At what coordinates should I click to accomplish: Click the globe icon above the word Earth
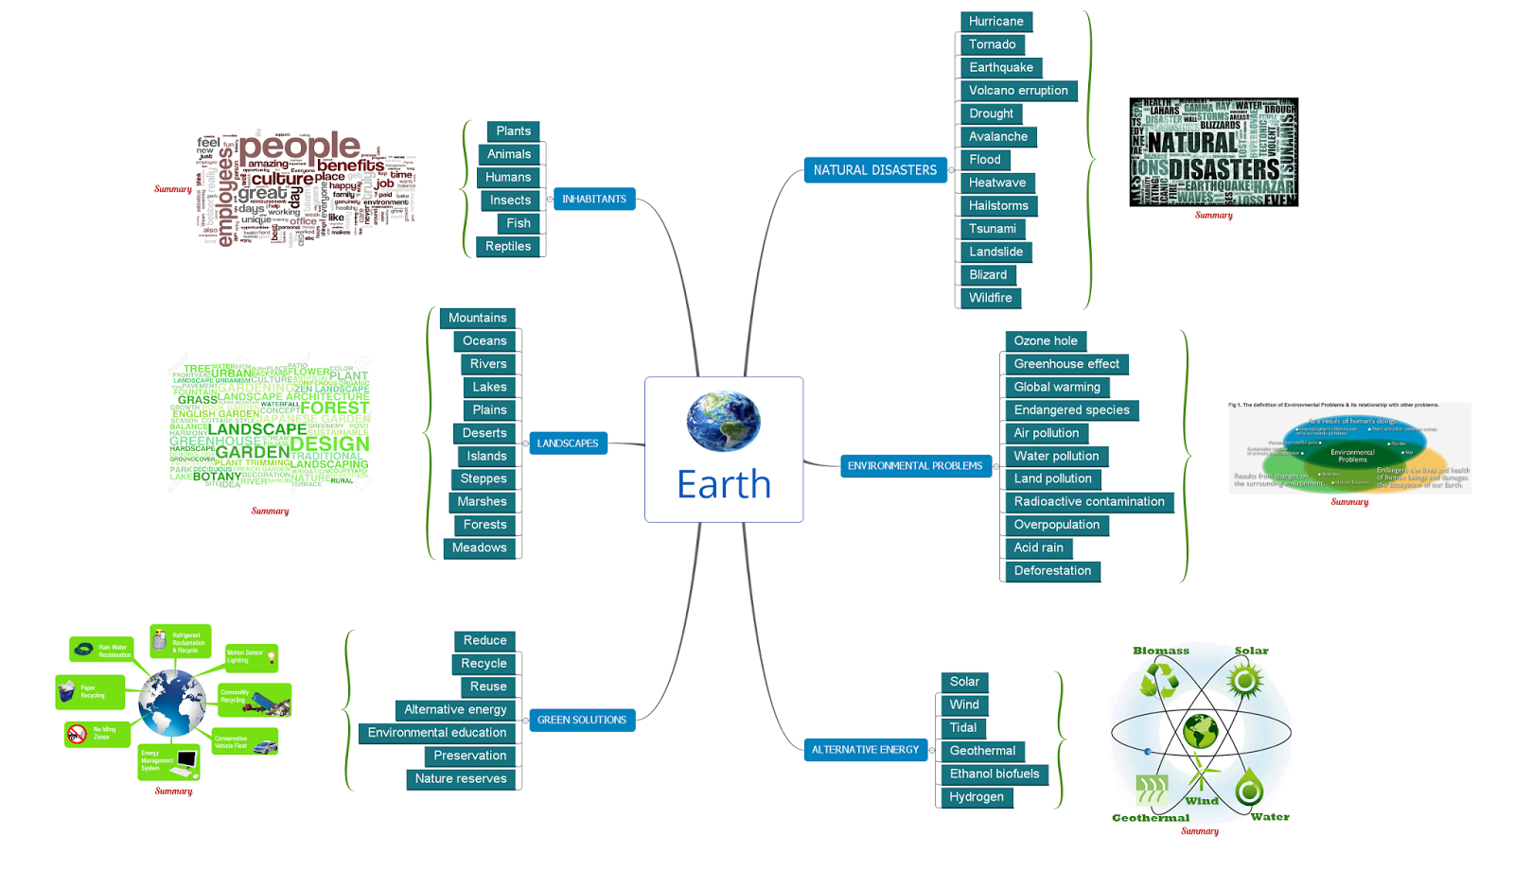click(723, 421)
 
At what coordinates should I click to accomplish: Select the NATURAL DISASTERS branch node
click(874, 170)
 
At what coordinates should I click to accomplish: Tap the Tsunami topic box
click(992, 229)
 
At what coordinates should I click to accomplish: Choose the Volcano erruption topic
click(1017, 91)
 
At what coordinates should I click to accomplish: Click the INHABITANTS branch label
click(593, 200)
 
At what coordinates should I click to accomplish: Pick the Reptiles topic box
click(508, 247)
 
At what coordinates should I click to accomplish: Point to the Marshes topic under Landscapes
click(482, 502)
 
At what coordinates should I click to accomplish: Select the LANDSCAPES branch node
click(568, 443)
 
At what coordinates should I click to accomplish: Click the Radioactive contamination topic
click(1088, 502)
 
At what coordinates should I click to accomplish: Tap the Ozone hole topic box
click(1045, 341)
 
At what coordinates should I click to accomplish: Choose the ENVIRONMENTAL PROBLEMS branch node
click(914, 466)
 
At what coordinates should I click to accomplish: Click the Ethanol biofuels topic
click(994, 774)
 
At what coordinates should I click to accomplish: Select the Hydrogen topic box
click(976, 797)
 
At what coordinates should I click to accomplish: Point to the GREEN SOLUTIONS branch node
click(581, 721)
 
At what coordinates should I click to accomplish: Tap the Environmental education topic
click(436, 733)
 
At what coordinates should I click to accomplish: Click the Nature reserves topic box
click(460, 779)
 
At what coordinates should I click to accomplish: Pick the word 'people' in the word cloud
click(299, 147)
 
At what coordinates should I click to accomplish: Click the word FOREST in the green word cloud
click(335, 409)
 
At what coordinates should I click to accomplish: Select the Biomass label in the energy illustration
click(1160, 652)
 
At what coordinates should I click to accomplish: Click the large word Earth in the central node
click(724, 485)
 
